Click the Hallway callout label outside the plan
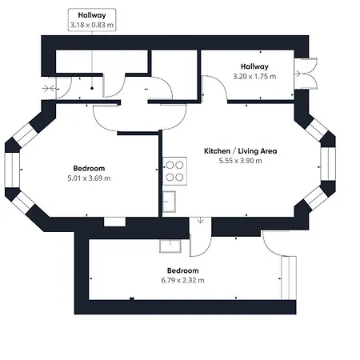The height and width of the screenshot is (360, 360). [x=92, y=15]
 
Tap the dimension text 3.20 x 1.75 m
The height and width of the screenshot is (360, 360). [x=254, y=78]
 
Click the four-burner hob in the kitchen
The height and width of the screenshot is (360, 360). [x=174, y=171]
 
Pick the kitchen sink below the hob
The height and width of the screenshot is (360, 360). [x=169, y=201]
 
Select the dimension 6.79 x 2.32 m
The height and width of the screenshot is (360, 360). [x=182, y=281]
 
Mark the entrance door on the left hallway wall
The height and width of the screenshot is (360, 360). [x=50, y=87]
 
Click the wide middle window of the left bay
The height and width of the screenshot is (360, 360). [x=11, y=177]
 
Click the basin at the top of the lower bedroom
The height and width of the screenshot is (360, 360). [x=170, y=246]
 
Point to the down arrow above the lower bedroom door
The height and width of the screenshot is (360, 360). [x=200, y=222]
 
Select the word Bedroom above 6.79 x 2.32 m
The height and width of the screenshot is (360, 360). [x=182, y=270]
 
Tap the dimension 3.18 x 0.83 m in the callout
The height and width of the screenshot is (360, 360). [x=92, y=26]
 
